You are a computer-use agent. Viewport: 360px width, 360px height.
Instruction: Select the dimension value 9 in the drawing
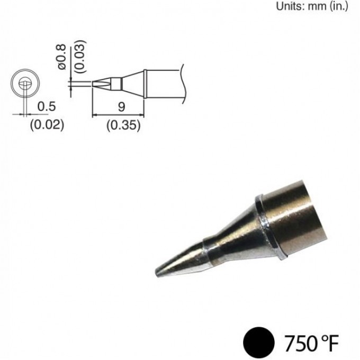[121, 106]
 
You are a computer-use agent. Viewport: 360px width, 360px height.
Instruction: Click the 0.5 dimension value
[46, 106]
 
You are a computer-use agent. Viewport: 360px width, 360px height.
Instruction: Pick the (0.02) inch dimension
[46, 125]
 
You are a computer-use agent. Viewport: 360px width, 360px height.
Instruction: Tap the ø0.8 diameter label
[62, 57]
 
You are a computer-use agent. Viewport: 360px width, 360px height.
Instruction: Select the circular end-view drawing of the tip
[25, 83]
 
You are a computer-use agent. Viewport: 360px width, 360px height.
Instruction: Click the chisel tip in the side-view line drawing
[101, 83]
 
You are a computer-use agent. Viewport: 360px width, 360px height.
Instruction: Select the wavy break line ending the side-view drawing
[183, 83]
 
